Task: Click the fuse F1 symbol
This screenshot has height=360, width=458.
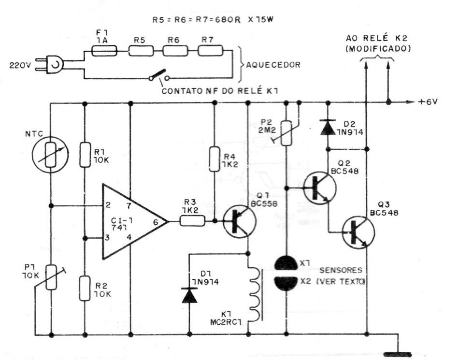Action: (104, 51)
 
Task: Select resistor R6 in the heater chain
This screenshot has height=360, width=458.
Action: (175, 51)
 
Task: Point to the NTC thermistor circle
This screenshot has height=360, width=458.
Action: (51, 155)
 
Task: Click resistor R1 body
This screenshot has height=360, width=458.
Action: (85, 155)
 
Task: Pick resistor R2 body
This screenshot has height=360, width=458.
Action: (85, 288)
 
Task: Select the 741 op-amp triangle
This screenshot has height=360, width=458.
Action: (135, 221)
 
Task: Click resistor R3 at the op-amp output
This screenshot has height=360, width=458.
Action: (192, 221)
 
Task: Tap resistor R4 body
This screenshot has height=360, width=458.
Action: (215, 159)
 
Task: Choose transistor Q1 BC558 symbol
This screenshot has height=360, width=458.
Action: (240, 221)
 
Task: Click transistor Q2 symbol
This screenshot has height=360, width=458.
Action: (320, 188)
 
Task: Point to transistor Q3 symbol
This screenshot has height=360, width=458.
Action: (358, 232)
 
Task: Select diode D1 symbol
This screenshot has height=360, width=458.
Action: (189, 295)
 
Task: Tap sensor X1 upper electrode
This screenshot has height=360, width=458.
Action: (286, 263)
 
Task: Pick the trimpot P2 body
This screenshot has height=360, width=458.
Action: (286, 133)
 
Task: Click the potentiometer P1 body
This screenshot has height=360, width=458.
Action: (51, 277)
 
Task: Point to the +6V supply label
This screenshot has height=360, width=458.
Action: (428, 102)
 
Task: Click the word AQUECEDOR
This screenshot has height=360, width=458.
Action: (273, 65)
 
